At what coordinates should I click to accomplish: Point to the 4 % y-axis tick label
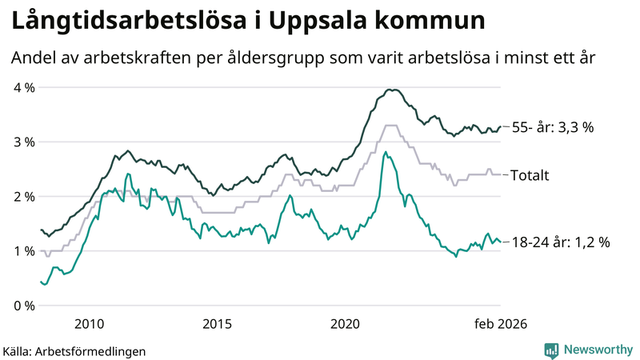point(23,87)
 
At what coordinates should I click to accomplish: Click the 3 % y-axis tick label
point(23,142)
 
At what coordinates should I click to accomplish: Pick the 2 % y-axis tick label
point(23,196)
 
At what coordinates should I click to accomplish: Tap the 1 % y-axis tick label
point(23,250)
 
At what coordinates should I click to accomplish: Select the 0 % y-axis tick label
point(23,305)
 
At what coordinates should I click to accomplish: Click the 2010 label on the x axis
point(89,323)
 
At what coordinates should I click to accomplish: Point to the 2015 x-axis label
point(218,323)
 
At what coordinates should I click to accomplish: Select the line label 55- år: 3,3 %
point(552,127)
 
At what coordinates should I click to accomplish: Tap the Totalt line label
point(530,174)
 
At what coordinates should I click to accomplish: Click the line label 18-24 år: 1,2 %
point(559,242)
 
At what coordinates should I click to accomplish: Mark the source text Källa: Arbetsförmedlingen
point(74,350)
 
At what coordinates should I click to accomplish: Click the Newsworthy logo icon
point(551,349)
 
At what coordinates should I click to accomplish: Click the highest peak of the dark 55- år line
point(390,90)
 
